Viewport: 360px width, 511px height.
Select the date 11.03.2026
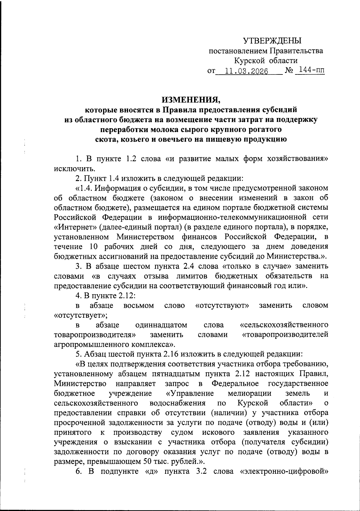[246, 71]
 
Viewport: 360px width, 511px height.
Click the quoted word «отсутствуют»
[222, 305]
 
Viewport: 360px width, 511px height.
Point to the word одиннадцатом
[161, 325]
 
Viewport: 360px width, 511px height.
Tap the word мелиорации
[249, 393]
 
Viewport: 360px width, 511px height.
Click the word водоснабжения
[177, 403]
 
